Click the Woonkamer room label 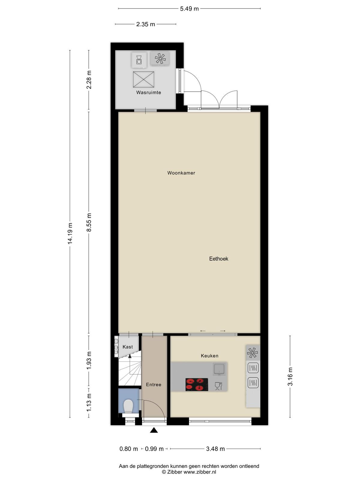coord(181,173)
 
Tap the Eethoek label coord(219,259)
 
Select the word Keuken coord(209,356)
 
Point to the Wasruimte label coord(148,92)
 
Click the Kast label coord(128,347)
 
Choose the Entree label coord(153,384)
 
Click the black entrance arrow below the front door coord(154,430)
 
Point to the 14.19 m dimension coord(70,233)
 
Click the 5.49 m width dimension coord(189,9)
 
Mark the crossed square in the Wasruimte coord(144,79)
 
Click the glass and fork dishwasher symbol coord(219,386)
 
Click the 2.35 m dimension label coord(145,24)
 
